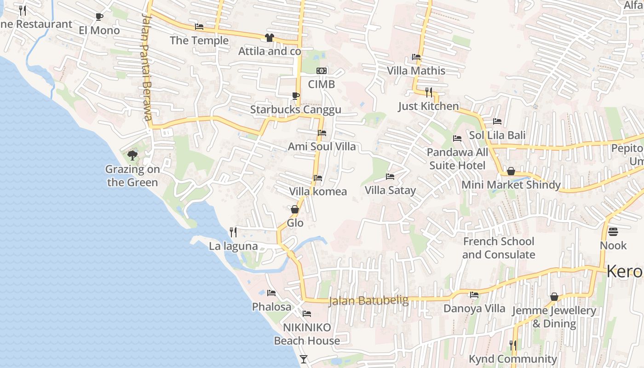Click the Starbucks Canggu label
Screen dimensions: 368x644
296,109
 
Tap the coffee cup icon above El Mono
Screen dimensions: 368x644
99,17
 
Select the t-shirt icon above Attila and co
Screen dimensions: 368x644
270,38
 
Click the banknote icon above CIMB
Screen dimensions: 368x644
322,71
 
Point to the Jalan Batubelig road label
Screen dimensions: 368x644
368,301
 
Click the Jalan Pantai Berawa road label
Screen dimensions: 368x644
147,67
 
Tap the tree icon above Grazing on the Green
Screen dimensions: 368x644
132,155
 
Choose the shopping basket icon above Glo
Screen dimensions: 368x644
295,209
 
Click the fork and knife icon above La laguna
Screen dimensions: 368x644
233,232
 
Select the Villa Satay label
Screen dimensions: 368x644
390,190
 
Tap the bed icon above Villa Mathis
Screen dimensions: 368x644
416,57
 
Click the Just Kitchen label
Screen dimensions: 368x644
428,106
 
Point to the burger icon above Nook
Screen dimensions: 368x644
613,231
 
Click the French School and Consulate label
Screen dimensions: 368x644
499,248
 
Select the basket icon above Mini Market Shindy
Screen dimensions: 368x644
511,172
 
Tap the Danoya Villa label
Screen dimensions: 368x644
474,308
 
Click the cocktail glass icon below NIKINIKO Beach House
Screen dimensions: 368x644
304,359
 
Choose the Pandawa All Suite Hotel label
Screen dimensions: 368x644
457,159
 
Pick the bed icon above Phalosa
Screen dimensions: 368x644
271,293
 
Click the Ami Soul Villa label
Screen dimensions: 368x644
322,147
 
